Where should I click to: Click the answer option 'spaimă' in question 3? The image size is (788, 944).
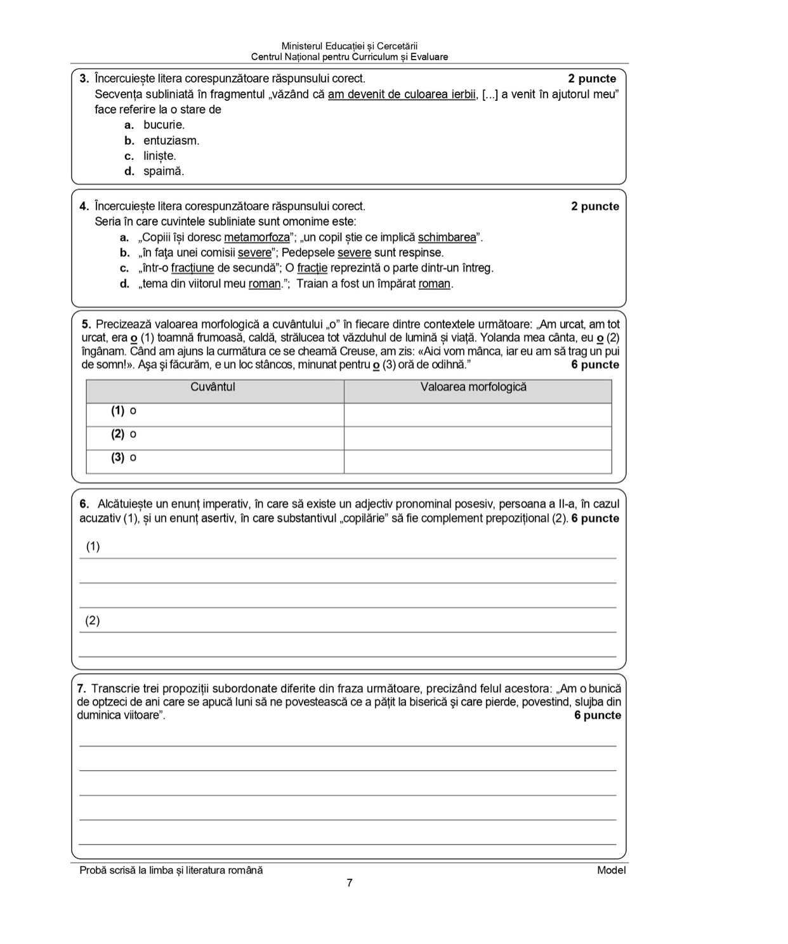click(163, 171)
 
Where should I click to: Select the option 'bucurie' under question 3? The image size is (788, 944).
click(164, 125)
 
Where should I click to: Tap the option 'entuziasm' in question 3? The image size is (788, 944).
click(171, 141)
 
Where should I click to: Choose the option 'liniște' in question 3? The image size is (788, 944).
click(159, 156)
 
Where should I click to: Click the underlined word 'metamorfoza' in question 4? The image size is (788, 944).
click(256, 238)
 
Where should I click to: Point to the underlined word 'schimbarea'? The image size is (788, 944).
click(447, 238)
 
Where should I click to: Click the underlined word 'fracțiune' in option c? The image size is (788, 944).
click(192, 268)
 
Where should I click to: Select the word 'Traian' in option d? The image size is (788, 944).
click(312, 284)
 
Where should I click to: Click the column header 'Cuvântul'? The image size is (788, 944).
click(213, 387)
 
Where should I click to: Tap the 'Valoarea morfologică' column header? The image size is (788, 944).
click(473, 387)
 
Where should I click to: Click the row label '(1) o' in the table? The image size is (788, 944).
click(124, 411)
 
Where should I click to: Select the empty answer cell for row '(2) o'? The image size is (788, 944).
click(478, 438)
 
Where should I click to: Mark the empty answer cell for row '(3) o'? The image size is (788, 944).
click(478, 462)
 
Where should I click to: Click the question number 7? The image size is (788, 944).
click(81, 689)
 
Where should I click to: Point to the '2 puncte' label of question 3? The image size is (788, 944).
click(592, 79)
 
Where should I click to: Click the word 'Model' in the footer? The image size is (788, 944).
click(611, 870)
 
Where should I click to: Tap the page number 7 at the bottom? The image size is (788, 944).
click(350, 883)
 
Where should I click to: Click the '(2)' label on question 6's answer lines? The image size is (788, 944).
click(93, 620)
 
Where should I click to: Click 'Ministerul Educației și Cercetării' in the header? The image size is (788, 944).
click(350, 46)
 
